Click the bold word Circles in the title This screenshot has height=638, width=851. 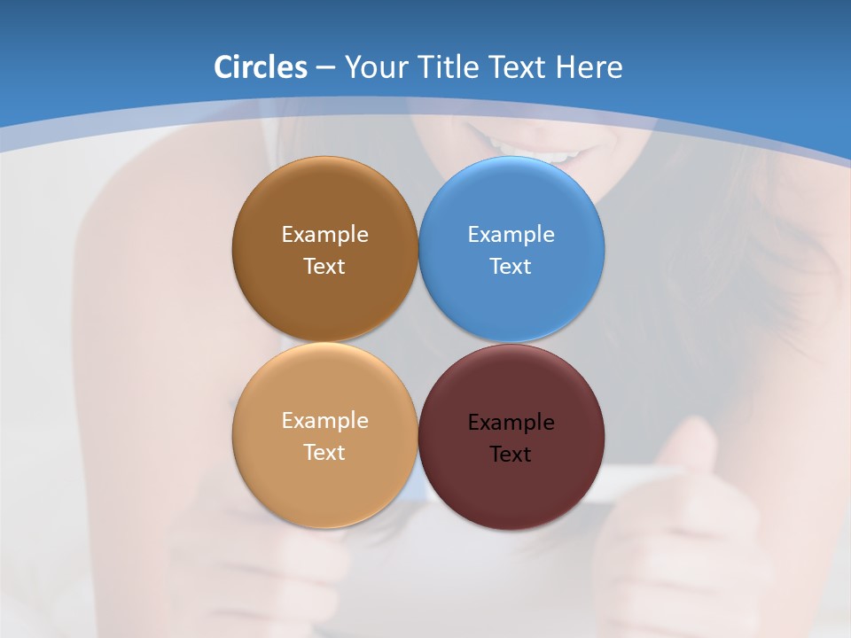click(260, 67)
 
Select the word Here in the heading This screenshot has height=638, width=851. click(589, 67)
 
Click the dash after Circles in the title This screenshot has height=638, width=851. click(324, 68)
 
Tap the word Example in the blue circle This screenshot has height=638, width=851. click(511, 235)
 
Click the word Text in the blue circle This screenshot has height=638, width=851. click(511, 267)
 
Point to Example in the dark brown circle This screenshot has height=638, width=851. click(324, 235)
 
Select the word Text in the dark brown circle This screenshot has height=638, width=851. click(324, 267)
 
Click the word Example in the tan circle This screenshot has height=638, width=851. click(324, 421)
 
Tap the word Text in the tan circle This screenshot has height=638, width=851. click(324, 453)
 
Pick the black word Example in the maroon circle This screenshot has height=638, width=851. click(511, 423)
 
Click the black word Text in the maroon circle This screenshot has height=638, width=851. click(511, 455)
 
